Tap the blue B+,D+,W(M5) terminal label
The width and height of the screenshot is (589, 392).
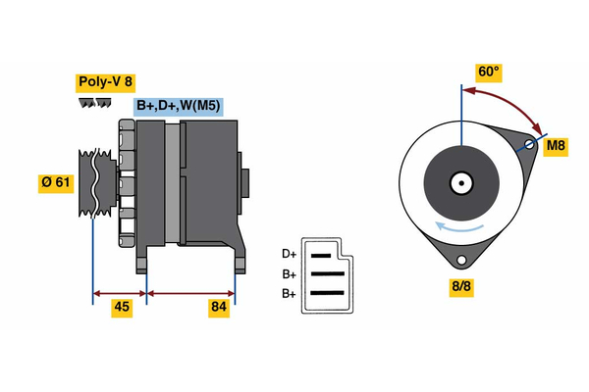[178, 105]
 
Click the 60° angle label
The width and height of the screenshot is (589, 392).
[488, 72]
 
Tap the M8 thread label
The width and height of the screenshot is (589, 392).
[556, 147]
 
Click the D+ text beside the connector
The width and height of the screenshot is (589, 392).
[290, 255]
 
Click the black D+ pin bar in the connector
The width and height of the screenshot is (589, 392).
[323, 255]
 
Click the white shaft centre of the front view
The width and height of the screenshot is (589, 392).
[459, 182]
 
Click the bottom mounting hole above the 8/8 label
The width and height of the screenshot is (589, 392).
[460, 261]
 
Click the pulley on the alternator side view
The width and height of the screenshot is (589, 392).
[91, 183]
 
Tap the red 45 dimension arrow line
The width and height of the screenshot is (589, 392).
[120, 292]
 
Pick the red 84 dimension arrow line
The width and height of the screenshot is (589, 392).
[190, 292]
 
